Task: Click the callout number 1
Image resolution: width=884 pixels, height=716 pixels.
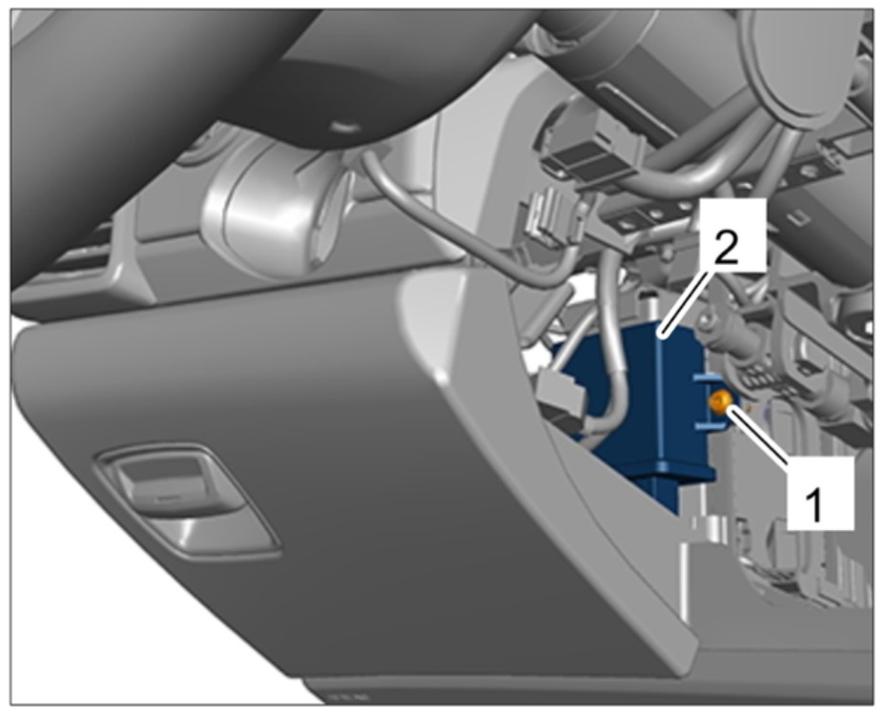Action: [813, 505]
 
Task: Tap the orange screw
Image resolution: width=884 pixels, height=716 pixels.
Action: [720, 402]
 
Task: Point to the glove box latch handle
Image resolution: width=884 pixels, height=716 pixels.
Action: [186, 496]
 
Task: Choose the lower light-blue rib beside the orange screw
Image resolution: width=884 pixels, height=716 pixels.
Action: [709, 425]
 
